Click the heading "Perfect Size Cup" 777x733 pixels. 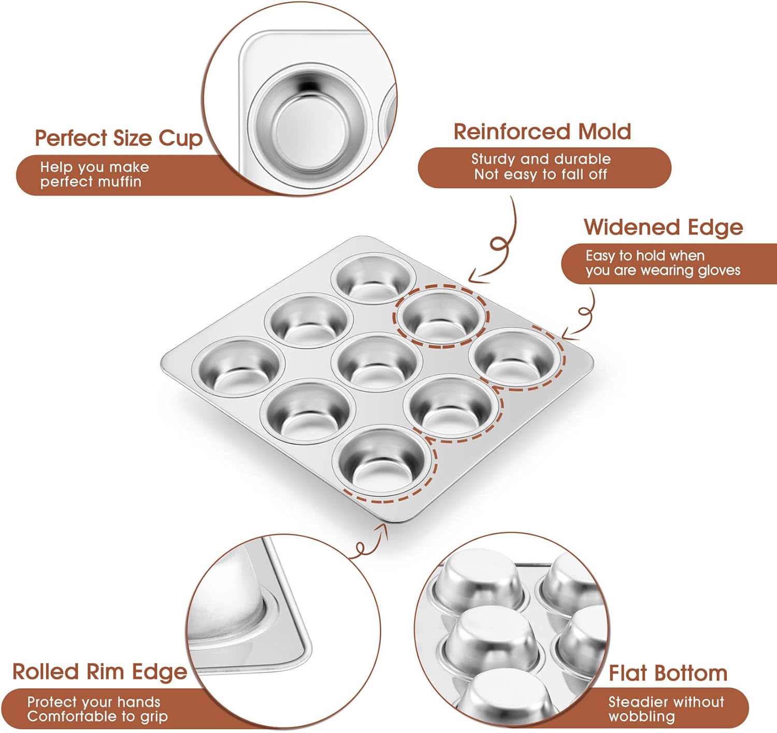pos(119,138)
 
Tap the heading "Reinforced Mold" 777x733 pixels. pos(542,132)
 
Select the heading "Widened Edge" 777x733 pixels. pos(663,227)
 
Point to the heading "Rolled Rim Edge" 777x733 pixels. pos(100,671)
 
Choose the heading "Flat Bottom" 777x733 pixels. pos(668,673)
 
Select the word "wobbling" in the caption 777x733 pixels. pos(642,716)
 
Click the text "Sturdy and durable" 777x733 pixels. pos(541,159)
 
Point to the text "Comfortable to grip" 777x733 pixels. pos(97,716)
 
